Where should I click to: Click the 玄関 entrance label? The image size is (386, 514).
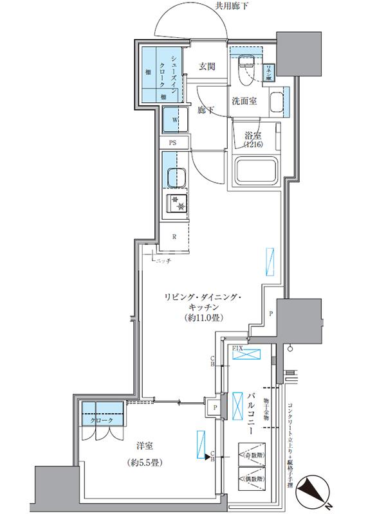pos(206,66)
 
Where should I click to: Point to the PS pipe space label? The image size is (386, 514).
pos(172,143)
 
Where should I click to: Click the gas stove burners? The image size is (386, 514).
pos(177,204)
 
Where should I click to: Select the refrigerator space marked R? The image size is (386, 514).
pos(174,236)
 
